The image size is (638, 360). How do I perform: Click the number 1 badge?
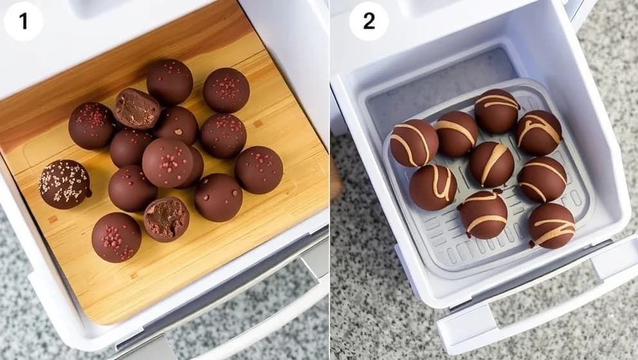point(23,21)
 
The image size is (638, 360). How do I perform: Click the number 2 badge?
point(369,21)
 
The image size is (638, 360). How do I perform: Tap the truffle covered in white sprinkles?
point(64,184)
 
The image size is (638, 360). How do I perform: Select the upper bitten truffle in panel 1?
point(137,108)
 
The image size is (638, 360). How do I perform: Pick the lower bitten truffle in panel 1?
point(166,219)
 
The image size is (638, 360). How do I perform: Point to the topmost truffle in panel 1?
point(169,82)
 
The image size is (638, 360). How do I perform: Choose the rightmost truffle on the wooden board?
point(259,170)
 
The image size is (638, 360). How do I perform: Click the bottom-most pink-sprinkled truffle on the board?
point(116,237)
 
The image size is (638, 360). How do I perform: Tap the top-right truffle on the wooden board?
point(226,90)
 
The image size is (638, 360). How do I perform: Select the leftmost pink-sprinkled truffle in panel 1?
point(91,125)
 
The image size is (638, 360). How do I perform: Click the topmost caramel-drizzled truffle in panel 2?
point(497,111)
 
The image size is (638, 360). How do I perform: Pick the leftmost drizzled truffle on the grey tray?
point(414,143)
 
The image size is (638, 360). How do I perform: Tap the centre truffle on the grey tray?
point(491,165)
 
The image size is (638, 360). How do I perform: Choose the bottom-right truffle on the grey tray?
point(551,225)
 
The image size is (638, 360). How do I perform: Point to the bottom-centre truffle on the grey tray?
point(484,214)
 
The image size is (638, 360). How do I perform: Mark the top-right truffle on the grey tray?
point(538,132)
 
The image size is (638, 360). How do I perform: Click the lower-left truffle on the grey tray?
point(433,188)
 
